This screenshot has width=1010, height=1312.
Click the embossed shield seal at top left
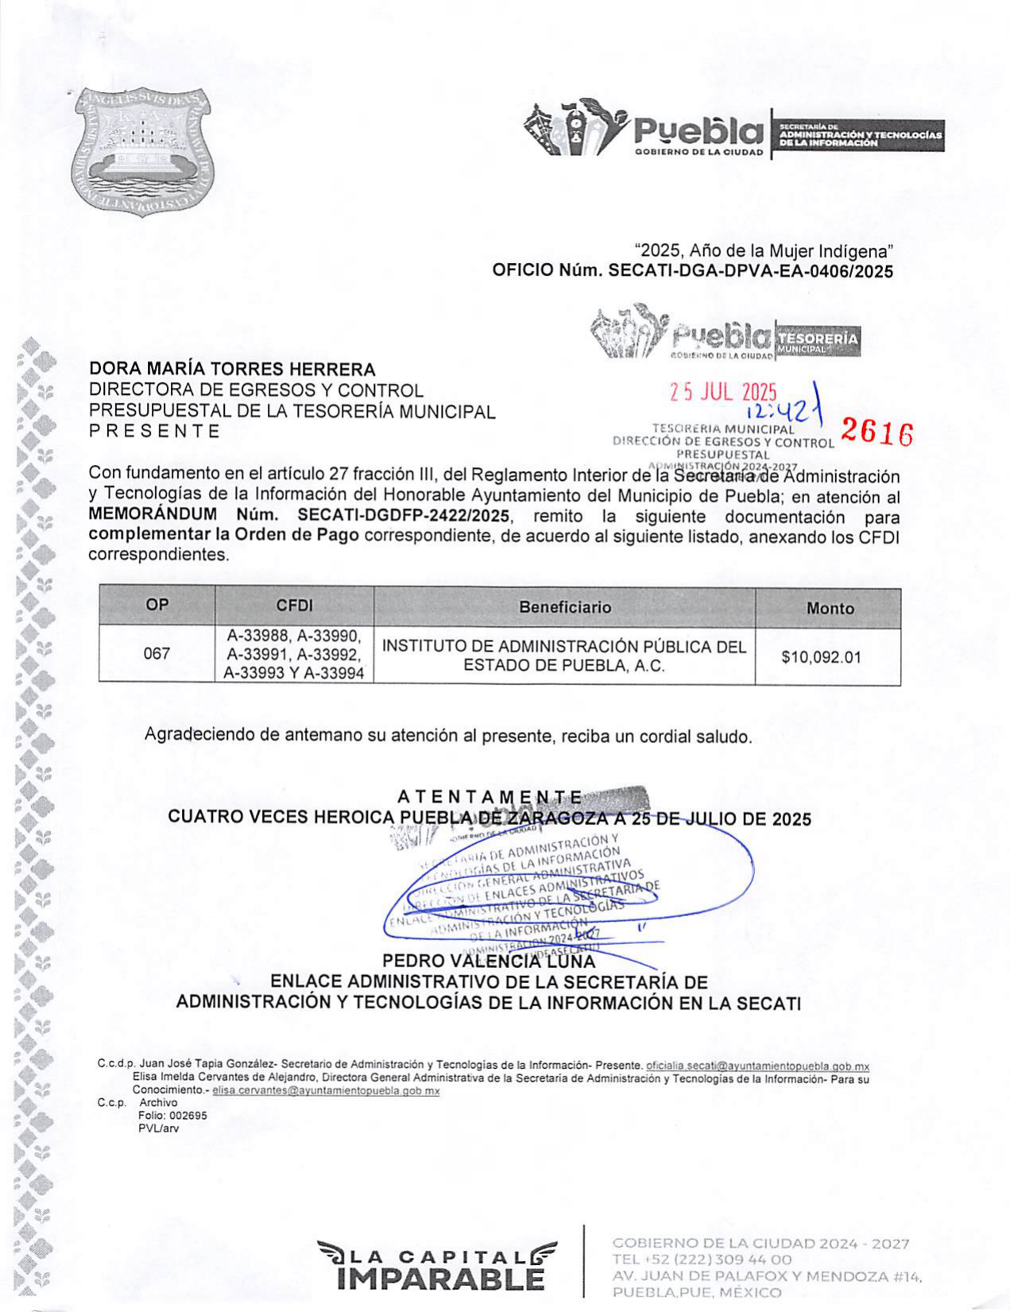coord(141,152)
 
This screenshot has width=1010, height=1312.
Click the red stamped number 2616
coord(876,432)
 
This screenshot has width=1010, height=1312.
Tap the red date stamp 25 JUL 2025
coord(722,392)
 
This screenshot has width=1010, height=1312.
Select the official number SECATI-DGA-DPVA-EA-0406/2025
coord(750,271)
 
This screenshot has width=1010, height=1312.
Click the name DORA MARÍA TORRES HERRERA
coord(232,369)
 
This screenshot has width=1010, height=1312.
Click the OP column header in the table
coord(157,605)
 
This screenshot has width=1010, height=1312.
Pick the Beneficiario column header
coord(564,607)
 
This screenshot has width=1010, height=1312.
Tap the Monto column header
coord(829,609)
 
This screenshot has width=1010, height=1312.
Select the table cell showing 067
coord(157,653)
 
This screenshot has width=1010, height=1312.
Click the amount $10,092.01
coord(821,657)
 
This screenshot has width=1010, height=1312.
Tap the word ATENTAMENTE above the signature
coord(490,797)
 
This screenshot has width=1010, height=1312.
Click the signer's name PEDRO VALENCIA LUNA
coord(489,962)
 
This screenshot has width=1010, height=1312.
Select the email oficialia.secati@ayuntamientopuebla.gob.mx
coord(757,1066)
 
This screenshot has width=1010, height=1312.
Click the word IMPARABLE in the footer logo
coord(441,1279)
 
